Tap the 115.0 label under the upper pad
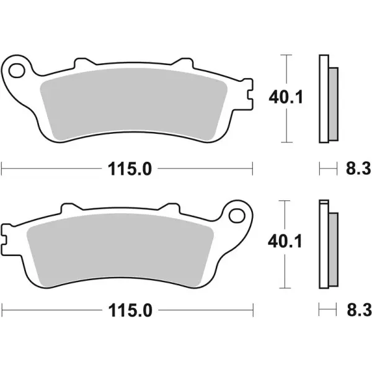point(129,168)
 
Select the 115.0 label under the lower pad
point(129,308)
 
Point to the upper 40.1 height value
point(285,97)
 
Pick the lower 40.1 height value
point(285,242)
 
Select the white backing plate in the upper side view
point(323,99)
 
